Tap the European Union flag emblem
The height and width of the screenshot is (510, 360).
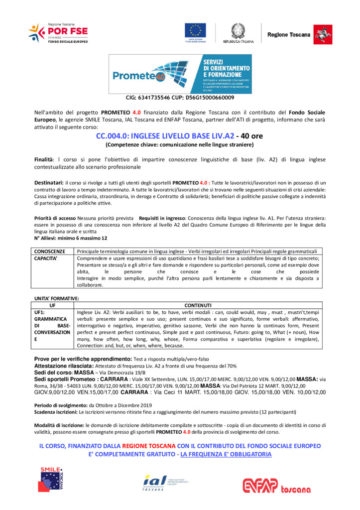click(x=196, y=31)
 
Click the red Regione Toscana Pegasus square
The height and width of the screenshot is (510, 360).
click(x=323, y=34)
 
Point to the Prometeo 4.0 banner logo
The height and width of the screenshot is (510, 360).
click(x=180, y=74)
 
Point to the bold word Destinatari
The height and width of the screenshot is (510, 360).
click(x=49, y=183)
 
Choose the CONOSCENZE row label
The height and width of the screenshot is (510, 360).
click(x=50, y=252)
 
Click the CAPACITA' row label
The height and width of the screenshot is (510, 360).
click(x=47, y=258)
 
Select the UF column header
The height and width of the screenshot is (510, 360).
click(x=52, y=305)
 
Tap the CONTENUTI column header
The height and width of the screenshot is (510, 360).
click(x=198, y=305)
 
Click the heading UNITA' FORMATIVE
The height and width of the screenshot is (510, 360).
click(x=56, y=298)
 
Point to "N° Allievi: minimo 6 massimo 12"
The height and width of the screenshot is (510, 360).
click(x=70, y=238)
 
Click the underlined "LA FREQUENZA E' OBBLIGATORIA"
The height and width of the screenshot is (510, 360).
click(x=226, y=454)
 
